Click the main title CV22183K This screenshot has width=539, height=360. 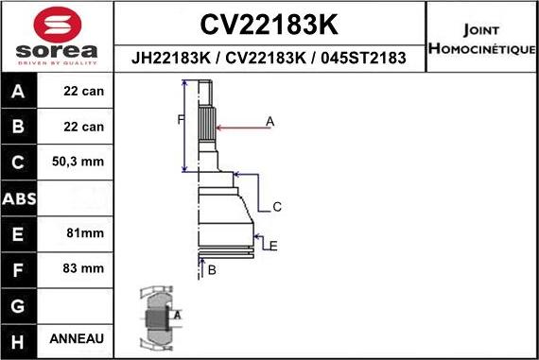270,23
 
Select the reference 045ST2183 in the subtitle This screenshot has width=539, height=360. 363,58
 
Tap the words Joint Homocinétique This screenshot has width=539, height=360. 481,39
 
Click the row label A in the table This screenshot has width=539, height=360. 19,93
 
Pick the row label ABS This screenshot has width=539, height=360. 19,198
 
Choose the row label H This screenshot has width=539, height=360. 19,339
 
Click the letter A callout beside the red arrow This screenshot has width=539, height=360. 269,121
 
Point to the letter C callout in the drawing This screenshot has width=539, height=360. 277,206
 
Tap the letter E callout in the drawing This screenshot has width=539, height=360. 272,246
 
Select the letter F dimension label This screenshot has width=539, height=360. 179,119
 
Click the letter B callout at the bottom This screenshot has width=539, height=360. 212,271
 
